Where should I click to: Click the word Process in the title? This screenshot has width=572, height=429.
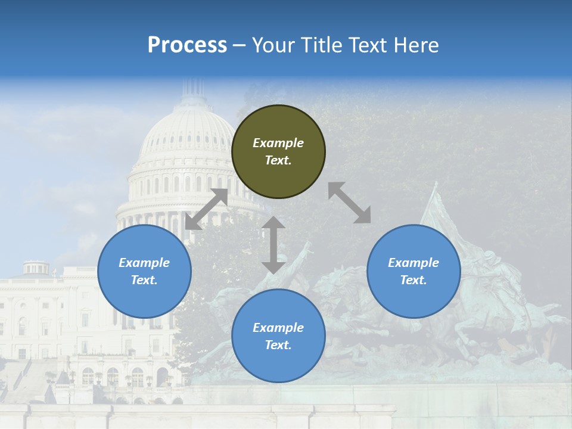pos(187,45)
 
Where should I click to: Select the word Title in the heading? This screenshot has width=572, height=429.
pos(319,45)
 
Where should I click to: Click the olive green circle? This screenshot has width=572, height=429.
pos(278,152)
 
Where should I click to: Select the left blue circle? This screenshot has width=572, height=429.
pos(144,271)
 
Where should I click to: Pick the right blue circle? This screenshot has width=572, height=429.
pos(414,271)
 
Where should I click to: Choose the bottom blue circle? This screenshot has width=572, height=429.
pos(278,336)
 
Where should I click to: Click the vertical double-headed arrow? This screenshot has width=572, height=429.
pos(273,245)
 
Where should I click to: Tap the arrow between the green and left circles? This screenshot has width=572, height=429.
pos(206,209)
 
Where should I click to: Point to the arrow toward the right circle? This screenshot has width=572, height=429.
pos(350,203)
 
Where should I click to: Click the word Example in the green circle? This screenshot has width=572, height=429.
pos(278,143)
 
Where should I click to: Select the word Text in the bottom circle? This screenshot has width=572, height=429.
pos(278,345)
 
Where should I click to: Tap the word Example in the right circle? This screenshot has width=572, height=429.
pos(414,263)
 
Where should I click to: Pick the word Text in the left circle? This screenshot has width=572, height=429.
pos(144,280)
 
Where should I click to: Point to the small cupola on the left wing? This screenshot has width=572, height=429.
pos(36,267)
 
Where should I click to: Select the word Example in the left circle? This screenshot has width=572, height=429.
pos(144,263)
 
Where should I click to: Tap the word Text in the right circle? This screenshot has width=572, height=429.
pos(413,280)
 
